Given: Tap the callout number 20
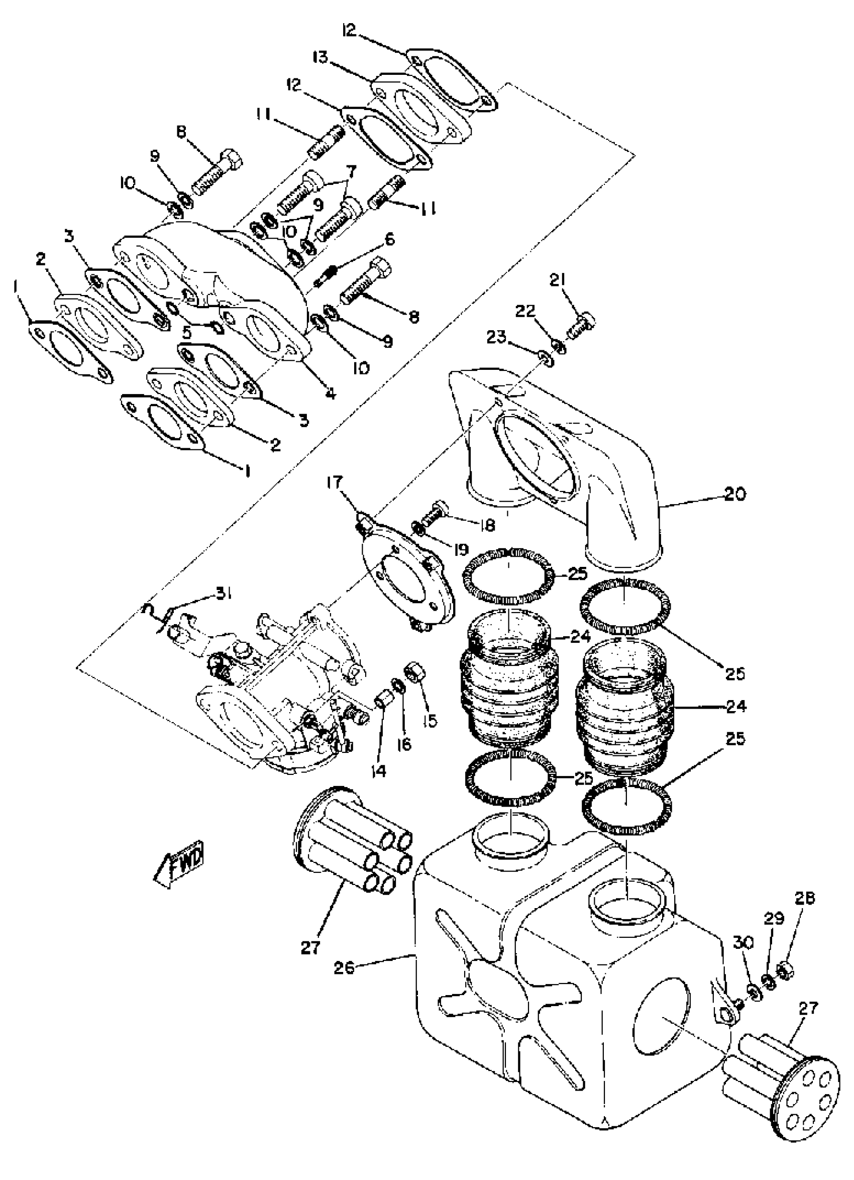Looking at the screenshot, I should click(734, 494).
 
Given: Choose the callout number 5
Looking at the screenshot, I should click(187, 331).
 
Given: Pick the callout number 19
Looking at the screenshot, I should click(460, 549).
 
